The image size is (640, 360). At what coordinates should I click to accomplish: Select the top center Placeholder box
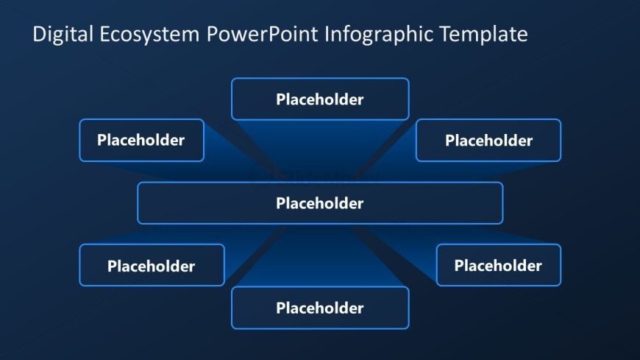(320, 99)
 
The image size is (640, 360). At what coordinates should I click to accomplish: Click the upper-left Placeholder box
(141, 140)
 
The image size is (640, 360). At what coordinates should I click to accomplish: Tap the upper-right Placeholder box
(488, 141)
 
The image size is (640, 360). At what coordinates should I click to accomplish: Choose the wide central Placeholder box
(320, 203)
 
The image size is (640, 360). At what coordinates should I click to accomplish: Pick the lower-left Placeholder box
(152, 266)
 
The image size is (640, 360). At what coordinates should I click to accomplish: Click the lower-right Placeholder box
(498, 265)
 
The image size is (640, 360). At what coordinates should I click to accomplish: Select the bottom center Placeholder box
(320, 308)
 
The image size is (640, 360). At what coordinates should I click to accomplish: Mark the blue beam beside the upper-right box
(401, 158)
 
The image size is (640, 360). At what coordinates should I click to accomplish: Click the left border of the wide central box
(138, 203)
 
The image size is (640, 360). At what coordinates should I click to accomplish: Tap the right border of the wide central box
(502, 203)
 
